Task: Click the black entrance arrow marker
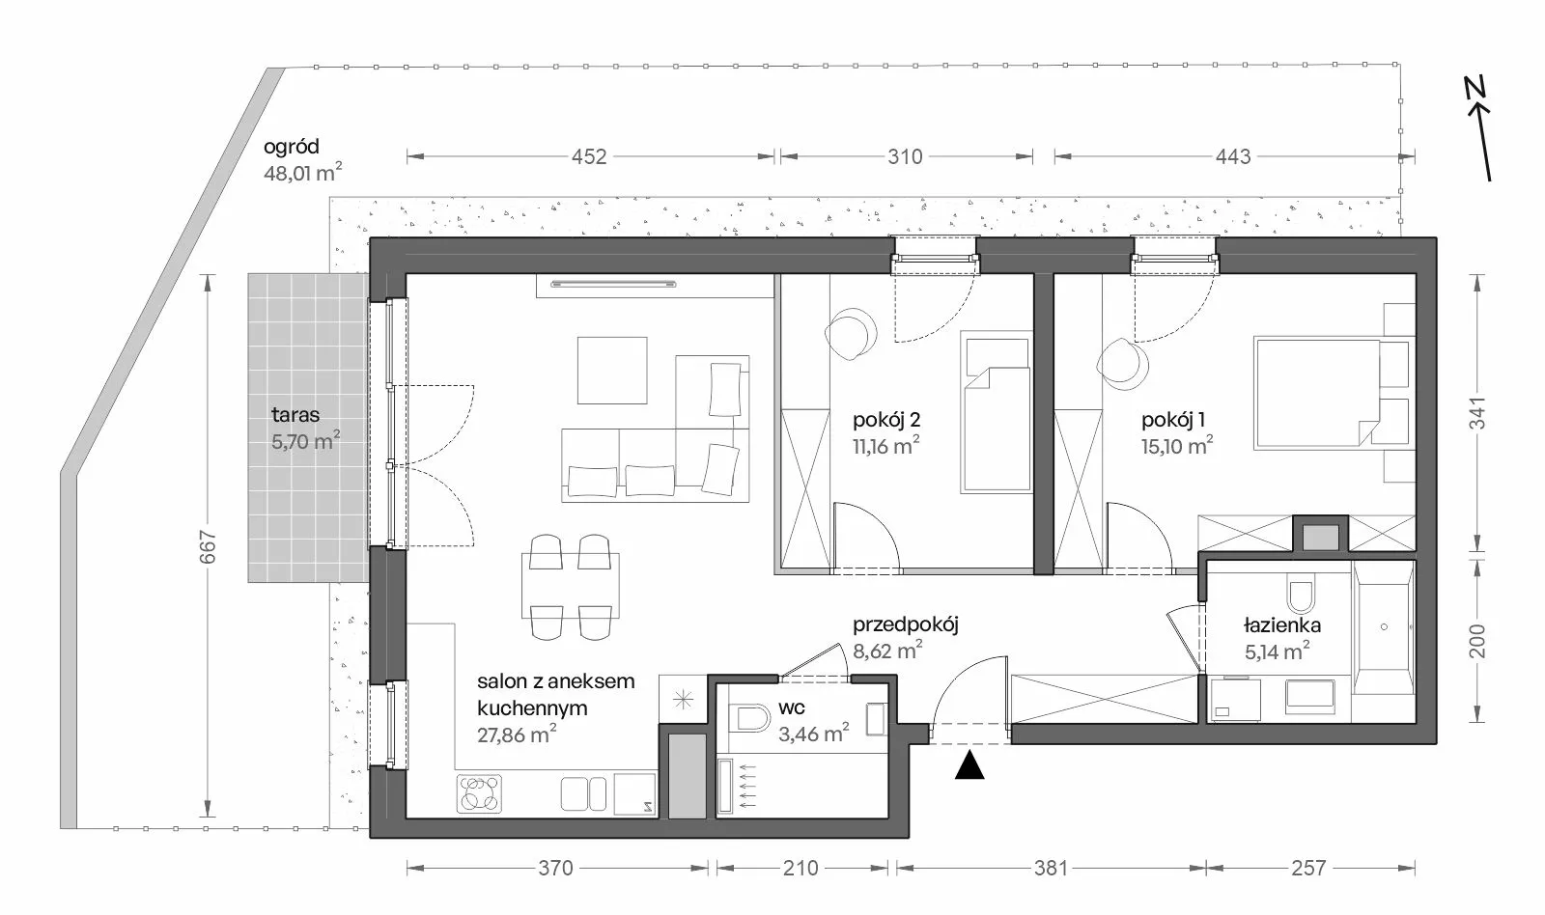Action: tap(969, 765)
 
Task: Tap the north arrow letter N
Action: tap(1475, 87)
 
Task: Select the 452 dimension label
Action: tap(589, 156)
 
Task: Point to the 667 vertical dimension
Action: tap(208, 547)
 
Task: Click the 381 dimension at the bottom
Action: tap(1052, 868)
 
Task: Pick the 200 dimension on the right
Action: tap(1476, 641)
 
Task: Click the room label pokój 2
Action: tap(886, 420)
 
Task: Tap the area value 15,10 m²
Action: tap(1177, 445)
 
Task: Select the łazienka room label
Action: tap(1282, 625)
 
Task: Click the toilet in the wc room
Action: tap(753, 718)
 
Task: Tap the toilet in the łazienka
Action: tap(1301, 596)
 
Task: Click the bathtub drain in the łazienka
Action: tap(1384, 626)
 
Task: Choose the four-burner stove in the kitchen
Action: tap(479, 793)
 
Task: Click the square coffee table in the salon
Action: tap(612, 371)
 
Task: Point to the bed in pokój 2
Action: tap(996, 411)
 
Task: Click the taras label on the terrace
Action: tap(295, 414)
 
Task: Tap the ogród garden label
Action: tap(291, 147)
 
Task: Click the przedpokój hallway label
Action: tap(906, 624)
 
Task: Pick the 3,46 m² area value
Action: tap(814, 734)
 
